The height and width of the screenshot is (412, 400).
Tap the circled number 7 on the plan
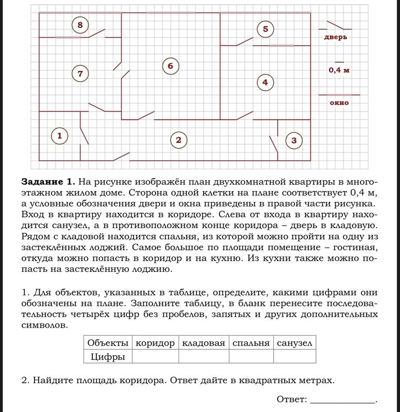click(x=80, y=74)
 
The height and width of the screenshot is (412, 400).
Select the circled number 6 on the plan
click(x=170, y=66)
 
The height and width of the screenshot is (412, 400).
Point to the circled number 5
click(x=265, y=29)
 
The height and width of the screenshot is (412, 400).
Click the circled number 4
click(x=265, y=82)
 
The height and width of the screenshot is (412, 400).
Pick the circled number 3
click(x=294, y=140)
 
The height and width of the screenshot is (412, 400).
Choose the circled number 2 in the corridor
click(x=178, y=140)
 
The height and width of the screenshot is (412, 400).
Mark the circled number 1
click(x=60, y=136)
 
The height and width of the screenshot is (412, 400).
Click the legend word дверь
click(x=335, y=37)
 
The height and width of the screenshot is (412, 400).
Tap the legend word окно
click(x=339, y=102)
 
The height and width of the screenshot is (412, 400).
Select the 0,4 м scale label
click(x=339, y=70)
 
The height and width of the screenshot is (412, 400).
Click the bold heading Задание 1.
click(x=48, y=182)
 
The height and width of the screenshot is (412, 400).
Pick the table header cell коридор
click(x=155, y=342)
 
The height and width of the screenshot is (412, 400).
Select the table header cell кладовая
click(x=204, y=342)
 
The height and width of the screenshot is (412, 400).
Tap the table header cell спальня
click(x=251, y=342)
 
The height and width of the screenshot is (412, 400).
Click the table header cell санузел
click(x=294, y=342)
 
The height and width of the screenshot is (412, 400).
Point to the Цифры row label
click(x=107, y=356)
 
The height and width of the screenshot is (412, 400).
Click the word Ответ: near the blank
click(x=292, y=399)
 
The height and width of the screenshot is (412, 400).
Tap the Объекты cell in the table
click(x=107, y=342)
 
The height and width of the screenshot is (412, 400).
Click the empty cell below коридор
click(x=155, y=356)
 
